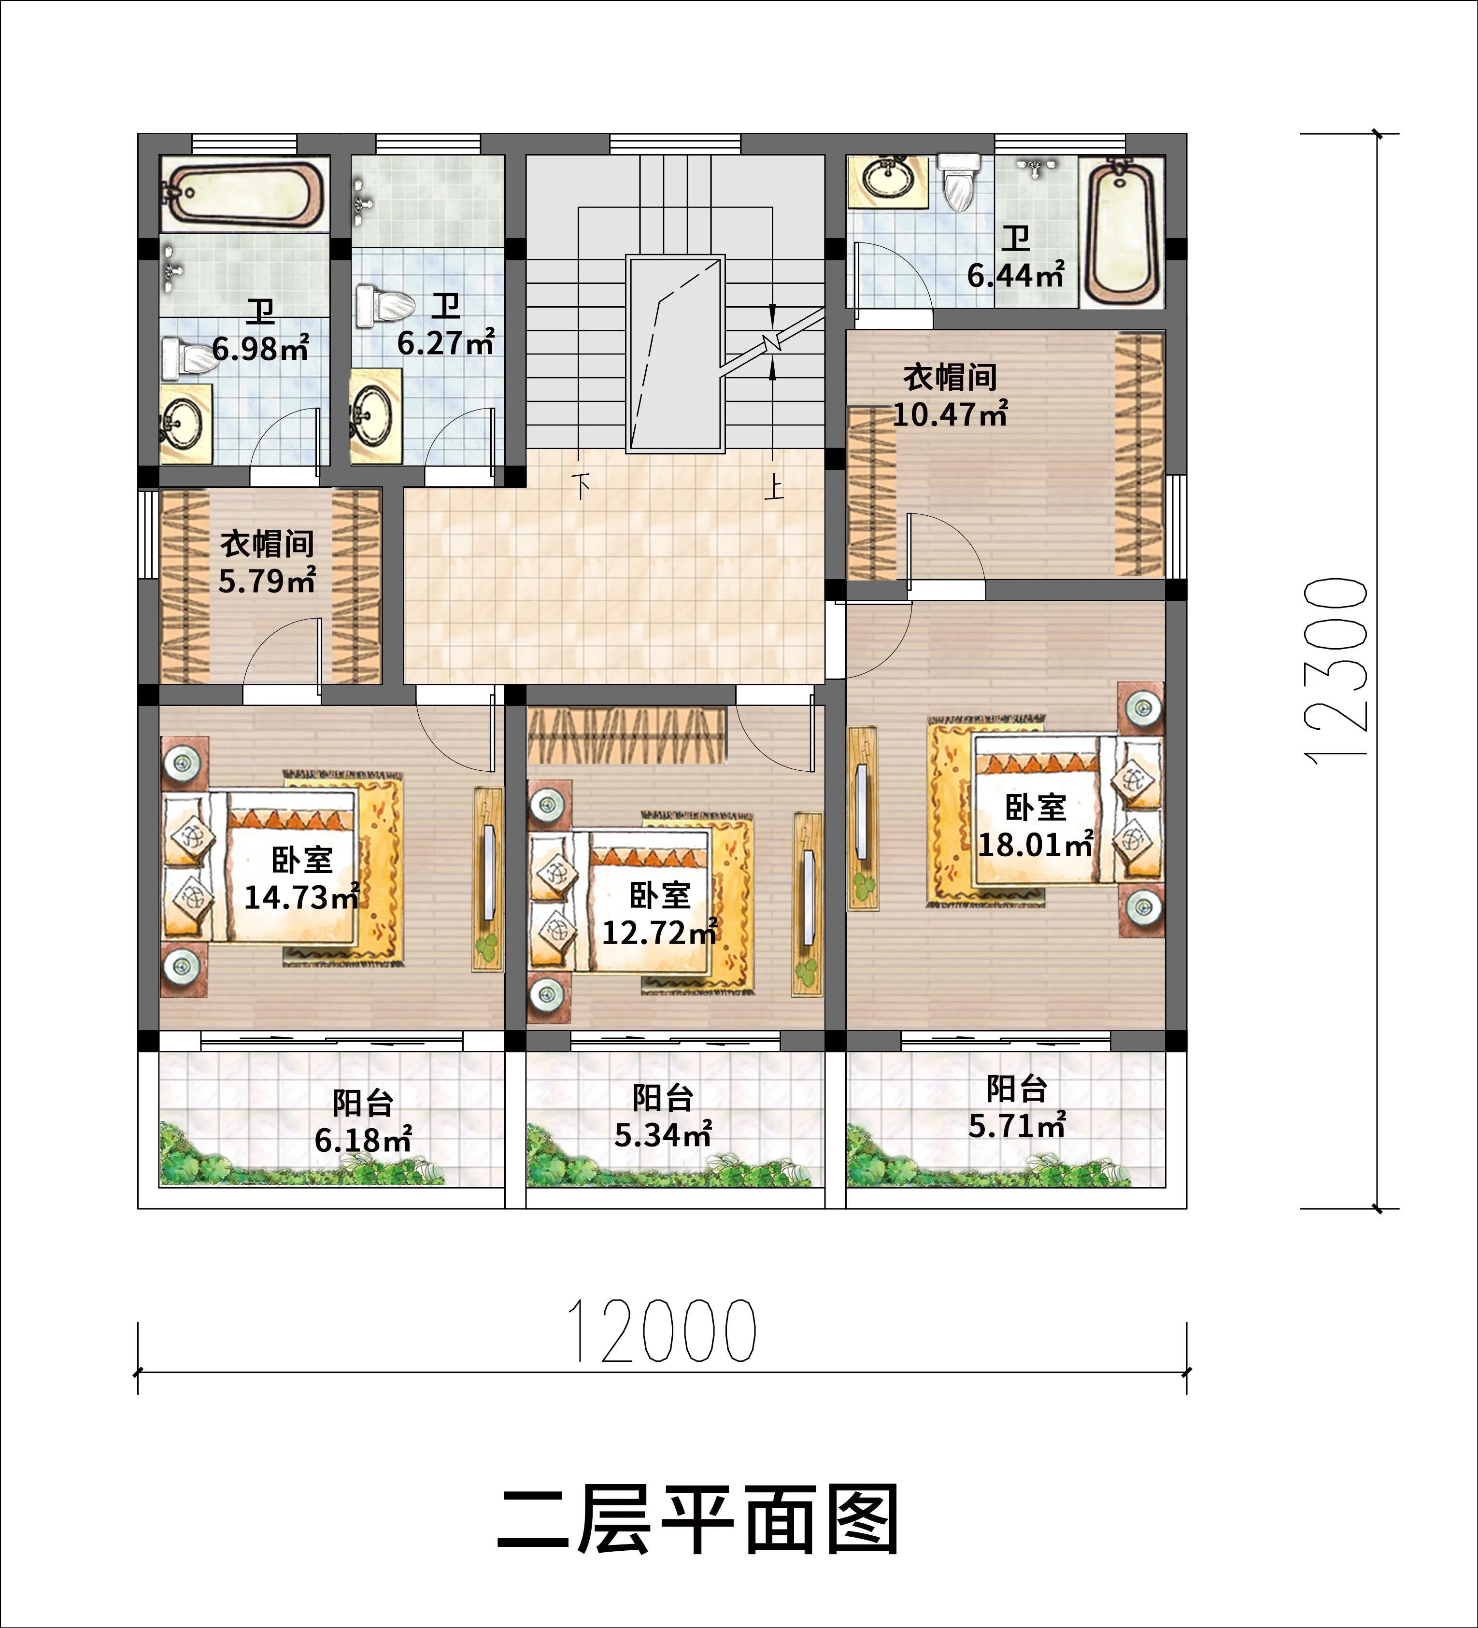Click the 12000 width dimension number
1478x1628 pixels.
(662, 1330)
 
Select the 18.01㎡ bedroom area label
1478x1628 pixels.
(1036, 845)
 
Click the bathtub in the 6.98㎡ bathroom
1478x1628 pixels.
(244, 194)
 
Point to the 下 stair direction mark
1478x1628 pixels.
(580, 485)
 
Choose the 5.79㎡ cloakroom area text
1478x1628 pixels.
(267, 580)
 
